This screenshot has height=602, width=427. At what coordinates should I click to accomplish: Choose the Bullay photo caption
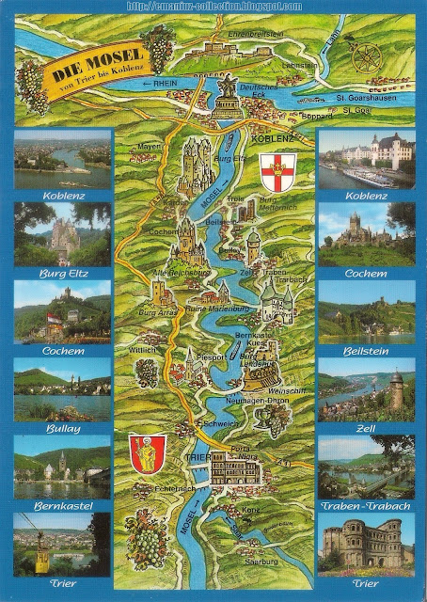click(62, 428)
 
